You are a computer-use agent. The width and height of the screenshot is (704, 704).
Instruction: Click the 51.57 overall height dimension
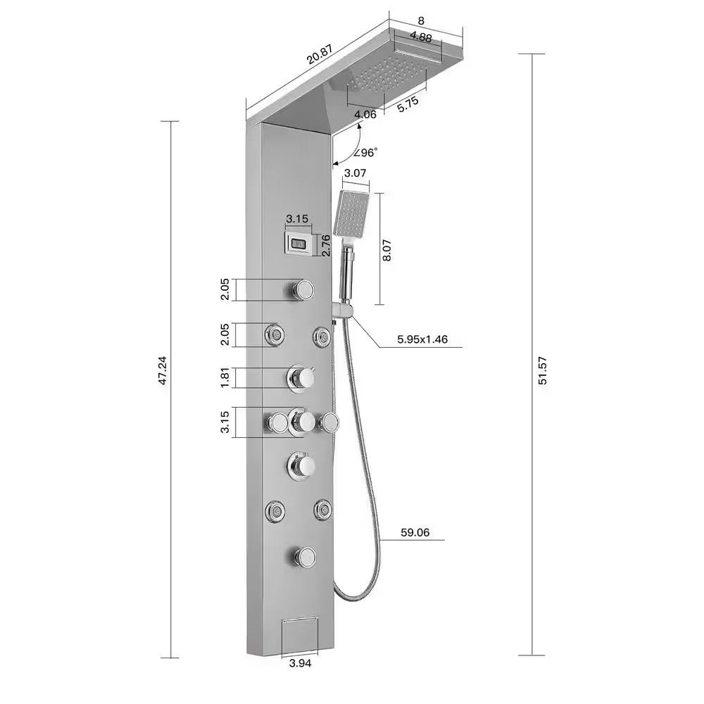543,370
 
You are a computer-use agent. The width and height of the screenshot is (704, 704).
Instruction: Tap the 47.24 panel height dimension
163,370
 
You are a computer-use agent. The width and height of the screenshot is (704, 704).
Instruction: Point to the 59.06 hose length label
415,532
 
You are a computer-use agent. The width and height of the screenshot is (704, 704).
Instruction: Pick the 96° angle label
365,153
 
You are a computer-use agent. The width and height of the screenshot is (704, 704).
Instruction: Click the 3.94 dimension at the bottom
301,662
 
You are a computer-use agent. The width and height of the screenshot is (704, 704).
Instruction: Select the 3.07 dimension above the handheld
355,173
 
